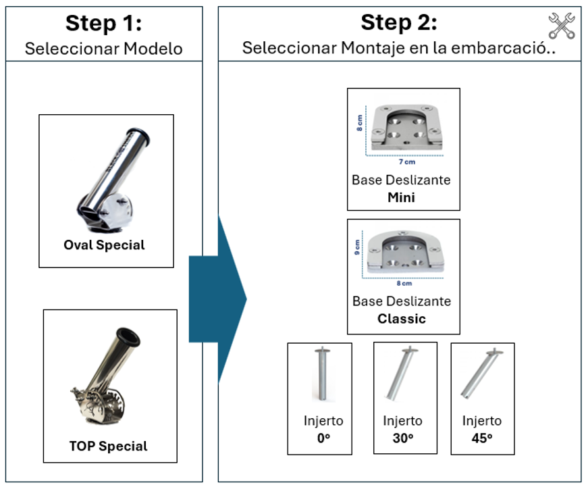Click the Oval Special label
point(105,245)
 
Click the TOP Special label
point(108,446)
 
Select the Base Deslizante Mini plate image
point(403,129)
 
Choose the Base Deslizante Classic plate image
point(404,254)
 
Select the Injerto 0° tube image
point(320,375)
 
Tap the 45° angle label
point(481,438)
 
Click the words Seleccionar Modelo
point(103,49)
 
